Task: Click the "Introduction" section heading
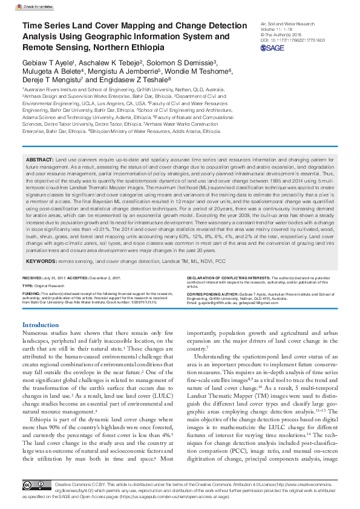[x=41, y=325]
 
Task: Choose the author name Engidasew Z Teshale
[x=139, y=79]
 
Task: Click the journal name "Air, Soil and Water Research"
[x=287, y=24]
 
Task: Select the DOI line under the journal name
[x=292, y=40]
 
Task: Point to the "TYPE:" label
[x=28, y=285]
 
